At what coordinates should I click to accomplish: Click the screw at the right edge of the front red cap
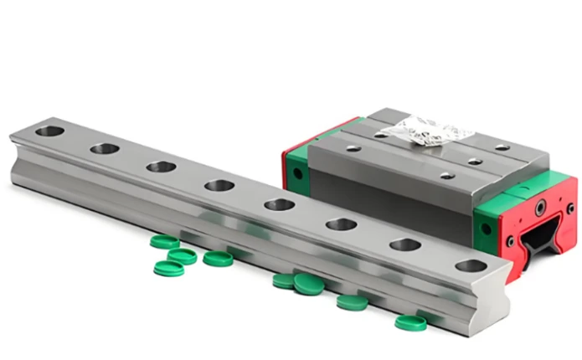pyautogui.click(x=570, y=207)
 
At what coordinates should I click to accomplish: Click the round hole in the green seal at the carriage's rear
pyautogui.click(x=295, y=174)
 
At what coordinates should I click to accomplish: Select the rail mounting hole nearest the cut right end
pyautogui.click(x=471, y=265)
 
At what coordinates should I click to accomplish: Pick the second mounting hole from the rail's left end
pyautogui.click(x=105, y=148)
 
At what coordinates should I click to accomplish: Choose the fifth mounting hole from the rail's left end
pyautogui.click(x=279, y=204)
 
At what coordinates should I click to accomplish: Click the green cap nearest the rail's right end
pyautogui.click(x=409, y=322)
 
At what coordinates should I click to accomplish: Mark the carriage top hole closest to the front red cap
pyautogui.click(x=446, y=175)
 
